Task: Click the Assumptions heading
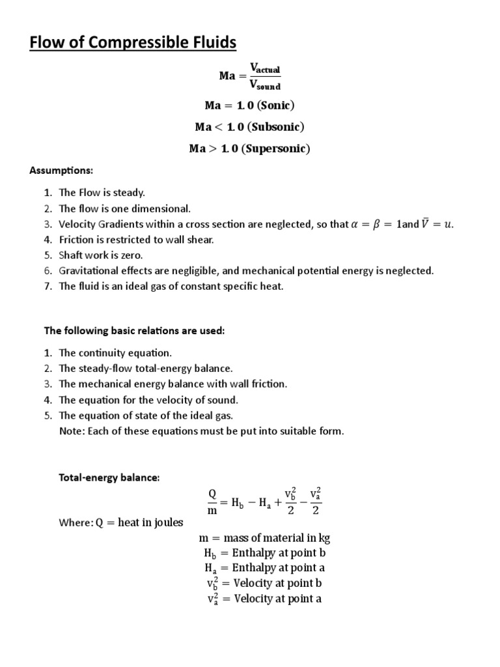point(62,171)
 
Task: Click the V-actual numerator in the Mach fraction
point(265,68)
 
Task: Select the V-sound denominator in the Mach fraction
point(265,84)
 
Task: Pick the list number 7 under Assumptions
point(48,286)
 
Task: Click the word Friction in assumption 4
point(76,240)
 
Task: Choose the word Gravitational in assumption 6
point(89,270)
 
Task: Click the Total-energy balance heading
point(109,477)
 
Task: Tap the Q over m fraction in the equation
point(212,502)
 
